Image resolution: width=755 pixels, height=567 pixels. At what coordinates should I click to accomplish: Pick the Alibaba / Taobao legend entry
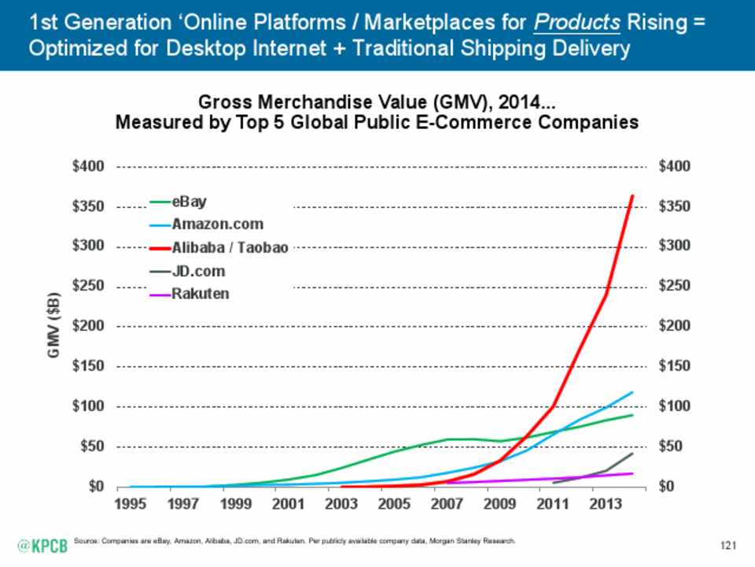click(x=219, y=248)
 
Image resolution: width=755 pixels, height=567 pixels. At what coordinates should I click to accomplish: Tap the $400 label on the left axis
click(x=88, y=167)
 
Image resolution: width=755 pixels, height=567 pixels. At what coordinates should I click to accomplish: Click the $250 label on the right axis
click(x=675, y=286)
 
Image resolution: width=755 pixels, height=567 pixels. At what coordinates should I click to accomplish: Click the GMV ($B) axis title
click(x=53, y=325)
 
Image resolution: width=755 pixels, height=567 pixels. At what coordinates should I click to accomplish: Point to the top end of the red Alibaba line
click(x=632, y=195)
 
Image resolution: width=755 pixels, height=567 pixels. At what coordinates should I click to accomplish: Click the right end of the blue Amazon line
click(x=632, y=392)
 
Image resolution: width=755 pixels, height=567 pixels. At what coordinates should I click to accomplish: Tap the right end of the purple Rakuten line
click(x=632, y=473)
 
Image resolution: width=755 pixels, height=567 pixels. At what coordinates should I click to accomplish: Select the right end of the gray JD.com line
click(x=632, y=454)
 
